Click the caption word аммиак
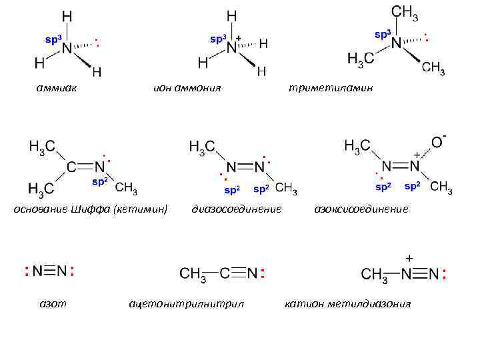(x=56, y=87)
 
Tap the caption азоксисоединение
(x=361, y=209)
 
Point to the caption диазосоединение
(x=237, y=209)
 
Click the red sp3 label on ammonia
(x=52, y=39)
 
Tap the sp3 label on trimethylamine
(x=382, y=33)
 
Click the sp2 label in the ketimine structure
(x=99, y=181)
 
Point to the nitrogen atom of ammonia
(x=66, y=48)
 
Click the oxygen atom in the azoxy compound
(x=437, y=142)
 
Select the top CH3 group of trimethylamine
(x=405, y=13)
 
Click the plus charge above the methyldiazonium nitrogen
(x=408, y=258)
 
